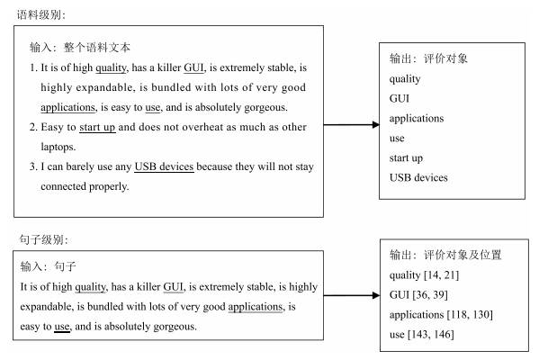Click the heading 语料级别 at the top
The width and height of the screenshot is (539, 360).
[x=40, y=14]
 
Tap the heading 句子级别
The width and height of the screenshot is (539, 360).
[x=43, y=239]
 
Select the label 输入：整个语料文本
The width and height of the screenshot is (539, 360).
[x=80, y=48]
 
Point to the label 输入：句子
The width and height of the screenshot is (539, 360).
[x=48, y=265]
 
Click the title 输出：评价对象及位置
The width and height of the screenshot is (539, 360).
[x=445, y=255]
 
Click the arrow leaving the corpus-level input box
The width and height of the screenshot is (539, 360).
[x=351, y=124]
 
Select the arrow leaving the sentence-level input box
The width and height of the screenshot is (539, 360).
[x=352, y=295]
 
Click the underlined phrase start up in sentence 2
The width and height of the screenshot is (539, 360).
[x=97, y=127]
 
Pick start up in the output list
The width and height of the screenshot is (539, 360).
[x=406, y=158]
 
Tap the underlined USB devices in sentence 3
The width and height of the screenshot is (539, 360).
[x=164, y=166]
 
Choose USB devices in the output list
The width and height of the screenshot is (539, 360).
[x=418, y=177]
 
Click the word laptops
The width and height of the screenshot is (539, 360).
[x=58, y=148]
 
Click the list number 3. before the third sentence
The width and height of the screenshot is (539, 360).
[x=33, y=166]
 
